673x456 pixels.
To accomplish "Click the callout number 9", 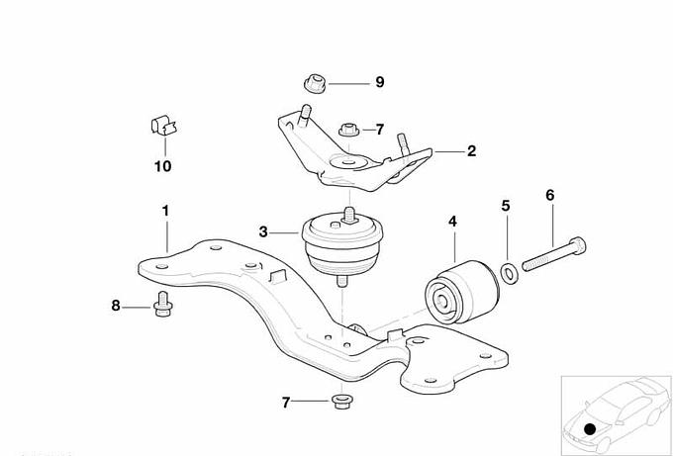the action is [x=379, y=82].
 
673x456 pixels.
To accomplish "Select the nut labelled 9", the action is [x=315, y=84].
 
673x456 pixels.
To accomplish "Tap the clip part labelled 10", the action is [x=164, y=126].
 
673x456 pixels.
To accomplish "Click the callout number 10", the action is [x=163, y=166].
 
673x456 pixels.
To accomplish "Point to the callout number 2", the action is [x=471, y=151].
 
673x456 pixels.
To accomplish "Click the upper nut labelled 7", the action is [x=349, y=130].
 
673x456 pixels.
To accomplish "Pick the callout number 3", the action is [x=263, y=232].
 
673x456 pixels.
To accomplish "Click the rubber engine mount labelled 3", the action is [x=342, y=243].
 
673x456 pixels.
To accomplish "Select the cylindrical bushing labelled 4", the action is [x=462, y=291].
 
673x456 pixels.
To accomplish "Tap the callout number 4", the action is [x=453, y=222].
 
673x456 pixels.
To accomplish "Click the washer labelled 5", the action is [x=510, y=273].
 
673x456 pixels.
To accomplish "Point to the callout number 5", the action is [x=506, y=206].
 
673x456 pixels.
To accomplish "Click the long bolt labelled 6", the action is [x=553, y=254].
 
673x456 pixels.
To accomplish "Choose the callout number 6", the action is [x=550, y=195].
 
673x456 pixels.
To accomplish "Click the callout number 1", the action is [x=165, y=211].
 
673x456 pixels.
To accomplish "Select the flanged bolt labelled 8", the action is [x=162, y=304].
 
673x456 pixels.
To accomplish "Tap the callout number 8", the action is [x=116, y=306].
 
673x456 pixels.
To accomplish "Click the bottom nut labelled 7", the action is [x=342, y=401].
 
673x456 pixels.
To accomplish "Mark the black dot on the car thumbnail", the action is [x=590, y=428].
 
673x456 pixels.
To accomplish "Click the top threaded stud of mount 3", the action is [x=349, y=214].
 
